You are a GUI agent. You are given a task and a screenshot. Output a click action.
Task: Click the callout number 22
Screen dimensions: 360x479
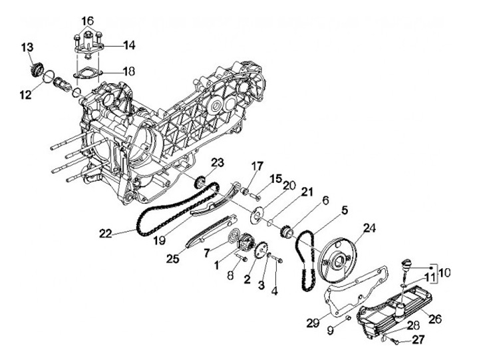point(106,233)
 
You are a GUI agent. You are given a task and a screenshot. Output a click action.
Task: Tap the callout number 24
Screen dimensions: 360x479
point(369,227)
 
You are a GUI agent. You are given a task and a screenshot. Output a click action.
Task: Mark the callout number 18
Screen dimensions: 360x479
point(129,70)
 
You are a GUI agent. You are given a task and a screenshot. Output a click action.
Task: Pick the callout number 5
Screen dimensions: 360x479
point(345,210)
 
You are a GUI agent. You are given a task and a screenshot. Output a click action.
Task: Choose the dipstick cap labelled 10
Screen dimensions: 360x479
point(406,264)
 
